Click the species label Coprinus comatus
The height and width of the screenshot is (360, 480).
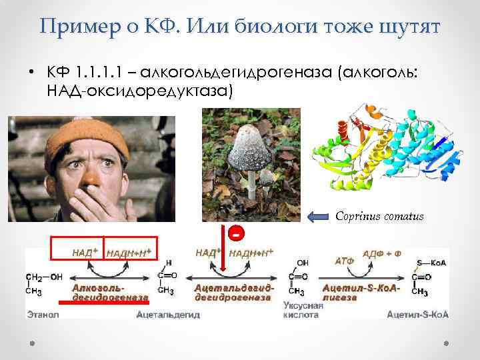(x=379, y=215)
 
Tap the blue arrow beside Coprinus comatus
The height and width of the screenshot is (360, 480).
(x=318, y=215)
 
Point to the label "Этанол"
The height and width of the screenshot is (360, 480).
(x=43, y=313)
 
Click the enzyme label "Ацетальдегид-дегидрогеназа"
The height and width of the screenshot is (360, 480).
(x=233, y=292)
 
